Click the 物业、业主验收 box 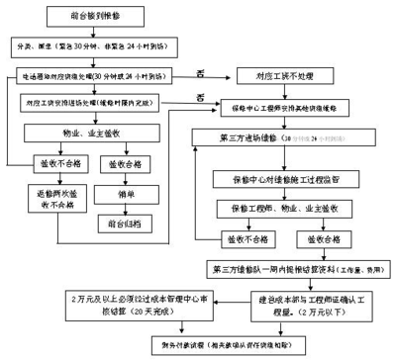coord(109,132)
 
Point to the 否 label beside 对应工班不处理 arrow coord(202,70)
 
